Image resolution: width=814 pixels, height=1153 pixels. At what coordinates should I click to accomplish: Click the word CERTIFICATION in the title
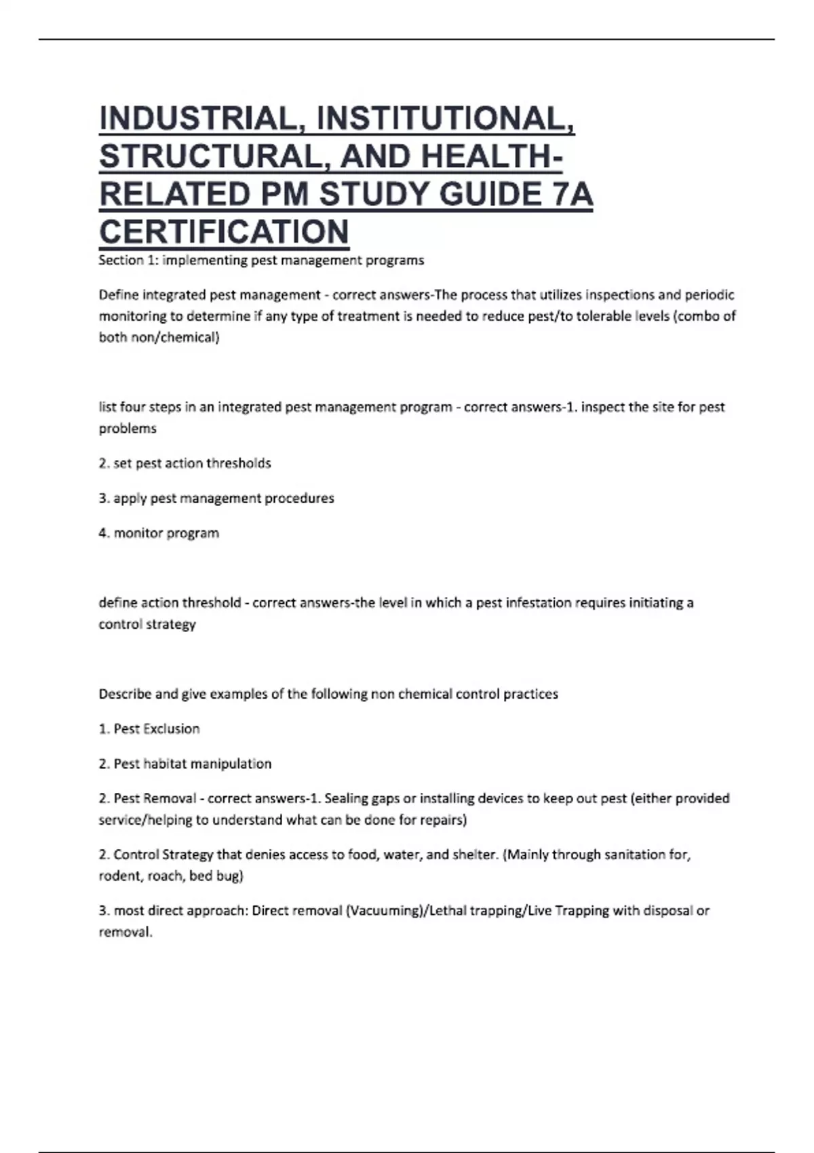click(224, 232)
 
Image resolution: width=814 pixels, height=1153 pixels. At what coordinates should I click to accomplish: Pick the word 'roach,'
click(165, 876)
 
